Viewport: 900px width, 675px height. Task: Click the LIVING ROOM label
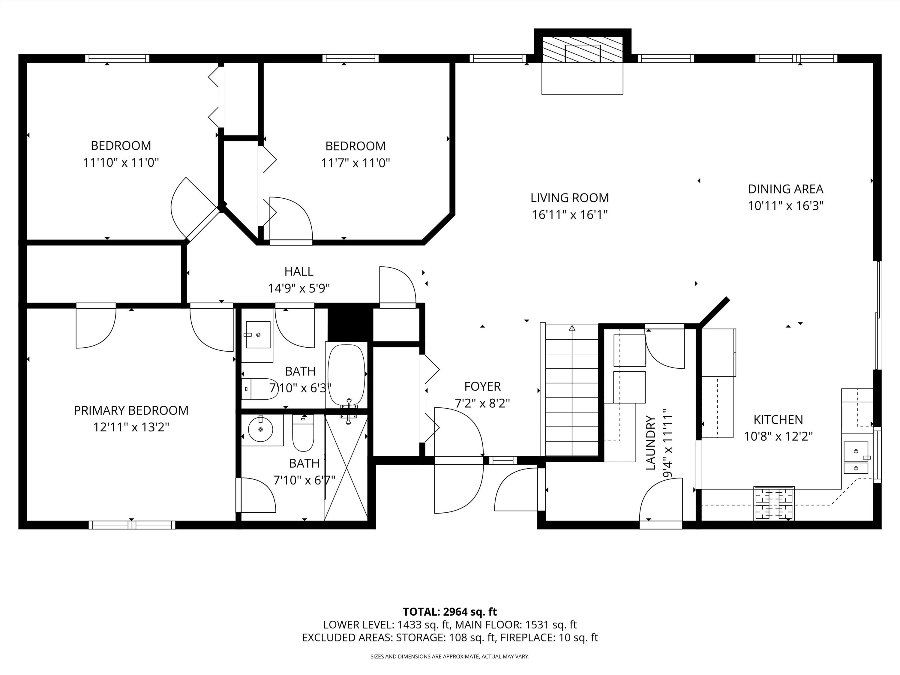570,198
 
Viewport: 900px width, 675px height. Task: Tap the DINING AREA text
786,189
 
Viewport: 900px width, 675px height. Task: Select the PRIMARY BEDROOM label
131,410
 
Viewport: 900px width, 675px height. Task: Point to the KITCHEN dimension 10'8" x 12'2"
778,436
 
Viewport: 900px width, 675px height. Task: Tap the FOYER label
482,386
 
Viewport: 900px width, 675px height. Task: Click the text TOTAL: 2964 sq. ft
450,623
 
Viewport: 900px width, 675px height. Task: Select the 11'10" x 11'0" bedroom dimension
121,163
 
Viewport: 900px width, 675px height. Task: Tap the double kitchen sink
856,458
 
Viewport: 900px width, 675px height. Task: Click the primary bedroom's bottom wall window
132,525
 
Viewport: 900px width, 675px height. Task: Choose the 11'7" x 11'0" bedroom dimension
355,163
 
